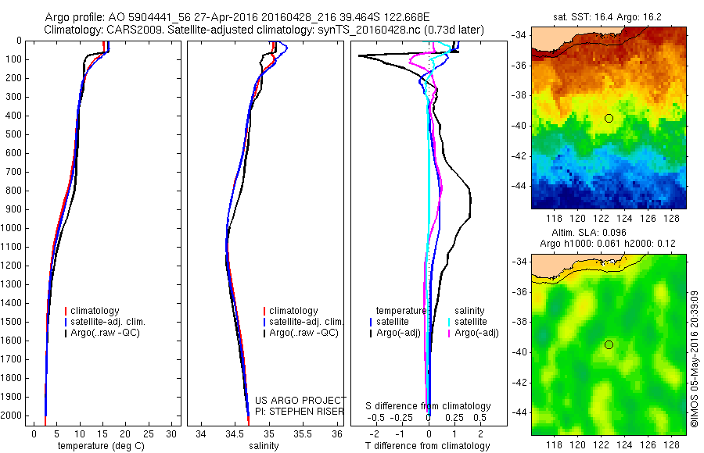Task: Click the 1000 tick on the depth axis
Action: click(x=13, y=228)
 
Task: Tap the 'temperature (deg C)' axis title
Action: click(x=99, y=446)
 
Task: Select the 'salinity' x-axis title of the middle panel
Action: click(x=264, y=446)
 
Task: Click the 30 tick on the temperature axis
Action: click(x=171, y=433)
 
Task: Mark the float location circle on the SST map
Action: click(x=609, y=118)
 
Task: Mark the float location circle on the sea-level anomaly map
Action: click(x=609, y=344)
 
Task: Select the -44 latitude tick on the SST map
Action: click(x=519, y=187)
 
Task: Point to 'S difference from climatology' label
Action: click(x=429, y=406)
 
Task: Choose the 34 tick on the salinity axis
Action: click(x=201, y=433)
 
